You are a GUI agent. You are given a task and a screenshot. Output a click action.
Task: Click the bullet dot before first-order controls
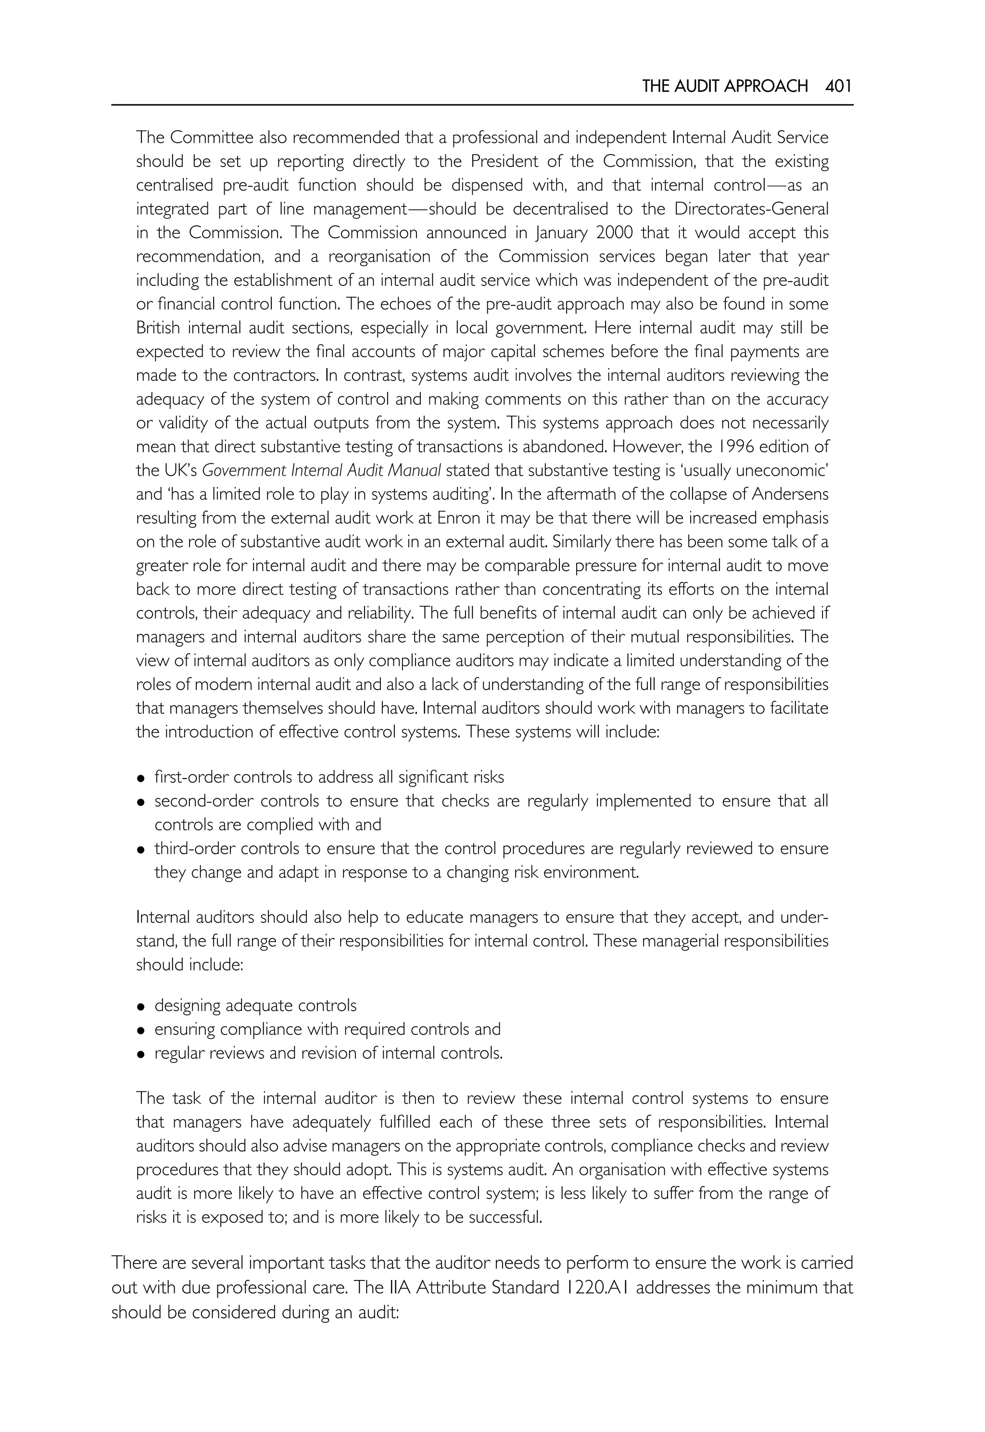pos(141,779)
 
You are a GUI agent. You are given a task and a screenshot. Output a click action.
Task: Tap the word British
pos(159,328)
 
